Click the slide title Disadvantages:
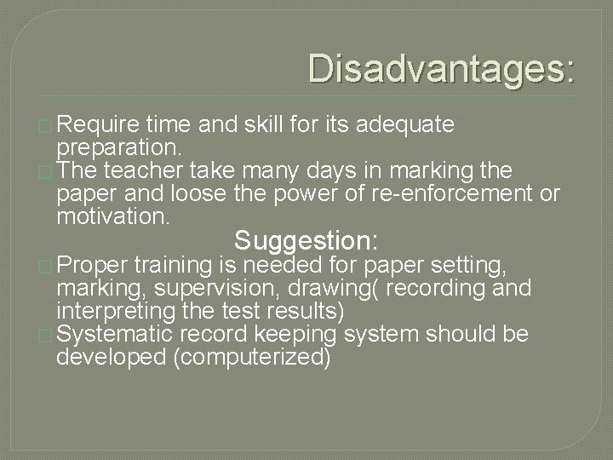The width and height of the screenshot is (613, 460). [441, 69]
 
